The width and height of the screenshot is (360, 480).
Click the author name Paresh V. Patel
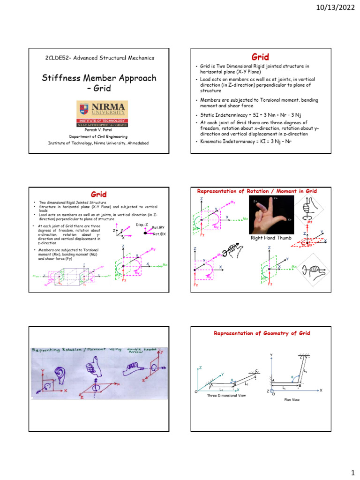point(98,129)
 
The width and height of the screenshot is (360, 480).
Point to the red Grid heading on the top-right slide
point(260,57)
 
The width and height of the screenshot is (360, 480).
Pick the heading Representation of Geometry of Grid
point(262,333)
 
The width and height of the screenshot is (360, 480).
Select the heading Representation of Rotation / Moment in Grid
point(257,191)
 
